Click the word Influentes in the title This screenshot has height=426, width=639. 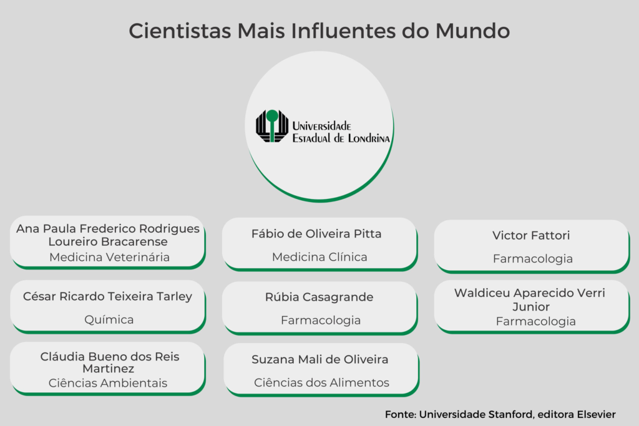(x=343, y=31)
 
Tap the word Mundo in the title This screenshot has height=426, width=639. (x=472, y=31)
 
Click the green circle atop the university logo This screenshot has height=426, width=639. (x=272, y=116)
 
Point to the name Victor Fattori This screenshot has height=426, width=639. (x=531, y=235)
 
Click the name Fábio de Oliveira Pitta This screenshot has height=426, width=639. (x=316, y=234)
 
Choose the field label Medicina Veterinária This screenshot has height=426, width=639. (x=109, y=257)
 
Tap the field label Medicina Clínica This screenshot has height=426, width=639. (x=319, y=257)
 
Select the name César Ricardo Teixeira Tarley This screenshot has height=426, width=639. (x=107, y=296)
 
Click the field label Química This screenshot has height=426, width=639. (x=109, y=320)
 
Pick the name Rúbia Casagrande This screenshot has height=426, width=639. (x=319, y=298)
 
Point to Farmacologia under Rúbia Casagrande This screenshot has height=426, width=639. (x=321, y=321)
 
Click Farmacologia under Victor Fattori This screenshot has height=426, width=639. (x=533, y=259)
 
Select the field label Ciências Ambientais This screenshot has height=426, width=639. (x=107, y=383)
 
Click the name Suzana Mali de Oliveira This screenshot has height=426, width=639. (x=320, y=360)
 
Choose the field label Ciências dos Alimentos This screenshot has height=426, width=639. (x=321, y=382)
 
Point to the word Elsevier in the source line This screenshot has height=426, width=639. (x=596, y=415)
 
